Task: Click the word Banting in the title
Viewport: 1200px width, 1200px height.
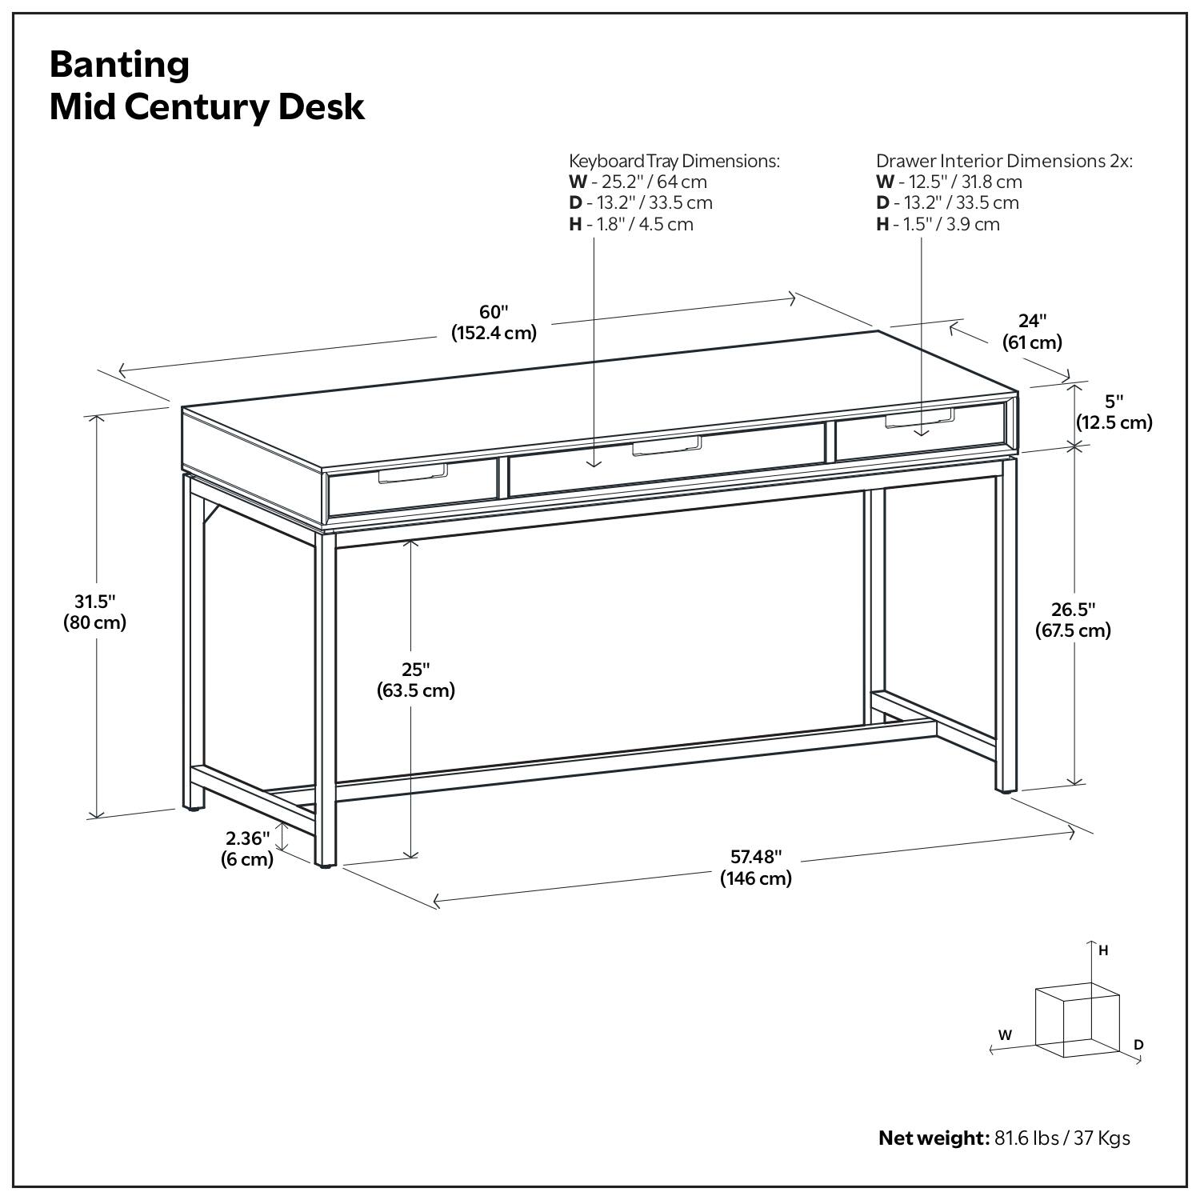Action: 119,65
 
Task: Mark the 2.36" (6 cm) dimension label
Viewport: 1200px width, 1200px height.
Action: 247,849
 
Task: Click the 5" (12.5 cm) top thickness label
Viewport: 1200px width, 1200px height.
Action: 1114,412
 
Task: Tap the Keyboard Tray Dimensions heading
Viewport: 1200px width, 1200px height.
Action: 674,161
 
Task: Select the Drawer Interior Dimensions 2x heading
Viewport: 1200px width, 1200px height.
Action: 1004,161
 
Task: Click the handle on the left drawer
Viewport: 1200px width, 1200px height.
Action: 412,475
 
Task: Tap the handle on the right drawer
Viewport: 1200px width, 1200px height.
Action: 919,420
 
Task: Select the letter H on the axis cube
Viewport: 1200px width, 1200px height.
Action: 1103,950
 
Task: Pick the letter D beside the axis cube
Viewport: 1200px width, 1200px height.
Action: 1138,1045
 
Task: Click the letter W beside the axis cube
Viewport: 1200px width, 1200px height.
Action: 1005,1034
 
